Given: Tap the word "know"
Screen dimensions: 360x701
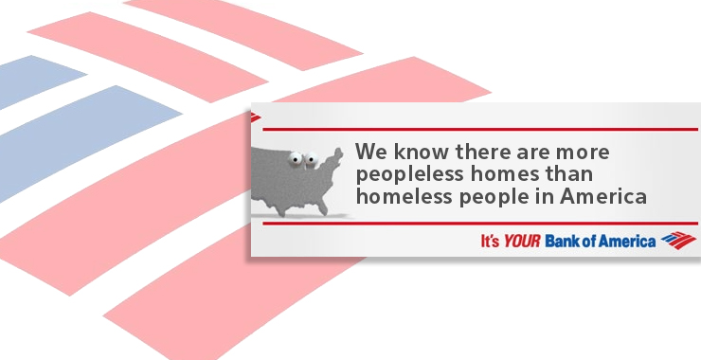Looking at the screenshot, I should point(414,153).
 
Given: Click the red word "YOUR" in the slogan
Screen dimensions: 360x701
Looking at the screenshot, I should point(521,241).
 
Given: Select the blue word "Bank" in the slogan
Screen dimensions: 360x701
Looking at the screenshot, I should point(565,241).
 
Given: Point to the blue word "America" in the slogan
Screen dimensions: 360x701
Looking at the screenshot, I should point(628,241).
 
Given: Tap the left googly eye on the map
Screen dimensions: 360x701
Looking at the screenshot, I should point(296,159).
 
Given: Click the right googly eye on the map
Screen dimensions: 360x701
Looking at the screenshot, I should point(309,159).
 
